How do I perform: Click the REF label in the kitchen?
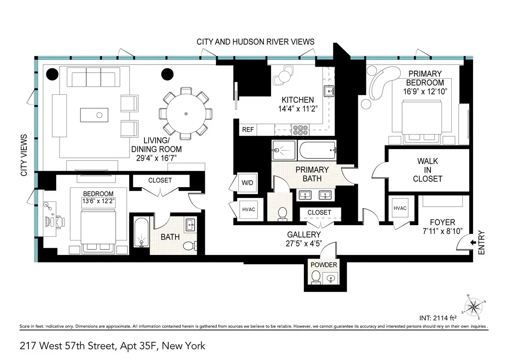pos(248,129)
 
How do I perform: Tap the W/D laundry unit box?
pos(247,183)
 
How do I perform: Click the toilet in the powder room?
pos(316,278)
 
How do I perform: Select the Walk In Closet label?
pos(428,170)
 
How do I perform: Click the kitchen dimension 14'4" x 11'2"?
pos(297,108)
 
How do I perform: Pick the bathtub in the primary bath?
pos(317,150)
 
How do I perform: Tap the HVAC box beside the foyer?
pos(400,208)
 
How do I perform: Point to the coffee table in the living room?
pos(99,114)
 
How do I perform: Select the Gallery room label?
pos(304,234)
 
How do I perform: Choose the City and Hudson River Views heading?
pos(255,42)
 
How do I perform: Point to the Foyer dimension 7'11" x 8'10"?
pos(442,231)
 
